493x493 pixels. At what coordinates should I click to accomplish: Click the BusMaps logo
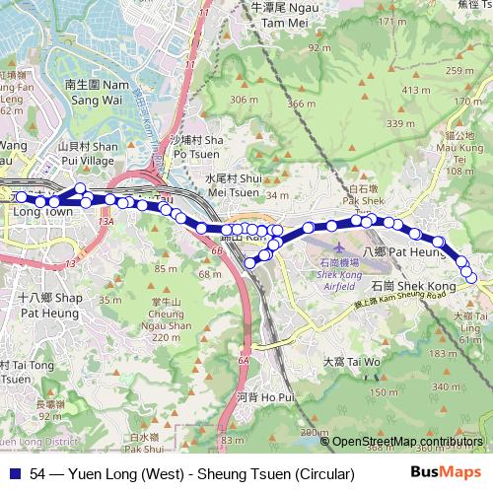tap(446, 473)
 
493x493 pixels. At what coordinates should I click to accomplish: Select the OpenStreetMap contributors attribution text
tap(409, 443)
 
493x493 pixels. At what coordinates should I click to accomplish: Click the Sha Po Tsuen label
tap(192, 148)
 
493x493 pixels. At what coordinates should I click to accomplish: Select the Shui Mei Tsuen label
tap(232, 184)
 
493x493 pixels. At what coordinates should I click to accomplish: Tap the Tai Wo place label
tap(352, 362)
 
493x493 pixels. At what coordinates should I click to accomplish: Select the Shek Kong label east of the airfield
tap(413, 285)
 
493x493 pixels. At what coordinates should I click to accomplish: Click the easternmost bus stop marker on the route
tap(471, 279)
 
